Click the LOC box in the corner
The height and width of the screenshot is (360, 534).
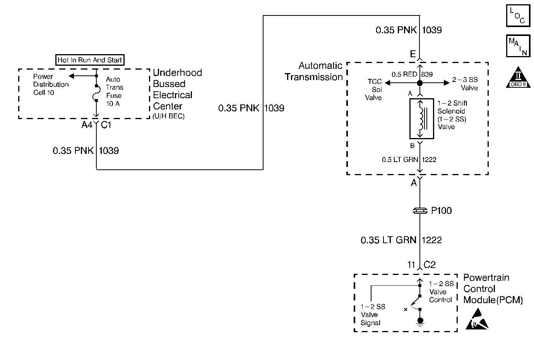pos(518,15)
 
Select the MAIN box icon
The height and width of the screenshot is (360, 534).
pos(518,46)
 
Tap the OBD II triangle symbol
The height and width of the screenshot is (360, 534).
pos(518,77)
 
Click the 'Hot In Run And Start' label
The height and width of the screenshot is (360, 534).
pos(90,60)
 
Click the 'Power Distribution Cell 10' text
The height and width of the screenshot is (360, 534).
pos(51,84)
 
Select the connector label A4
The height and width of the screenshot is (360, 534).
pos(87,125)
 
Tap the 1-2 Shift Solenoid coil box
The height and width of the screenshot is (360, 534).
pos(421,119)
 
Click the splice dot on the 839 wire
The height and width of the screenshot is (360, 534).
pos(420,83)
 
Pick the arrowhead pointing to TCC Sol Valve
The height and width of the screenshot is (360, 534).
pos(388,83)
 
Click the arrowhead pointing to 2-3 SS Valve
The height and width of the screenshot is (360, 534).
pos(447,83)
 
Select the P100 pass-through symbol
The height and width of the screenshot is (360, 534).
pos(420,211)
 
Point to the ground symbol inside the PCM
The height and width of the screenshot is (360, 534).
pos(420,322)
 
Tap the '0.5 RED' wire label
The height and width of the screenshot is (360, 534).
pos(404,74)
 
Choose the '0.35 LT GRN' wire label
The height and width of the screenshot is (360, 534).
pos(389,240)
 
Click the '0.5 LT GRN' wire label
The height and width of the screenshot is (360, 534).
pos(400,159)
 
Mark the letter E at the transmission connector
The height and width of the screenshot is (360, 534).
pos(412,54)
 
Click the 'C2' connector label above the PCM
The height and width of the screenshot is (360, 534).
pos(430,265)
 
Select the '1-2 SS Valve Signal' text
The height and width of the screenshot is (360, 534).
pos(373,314)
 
